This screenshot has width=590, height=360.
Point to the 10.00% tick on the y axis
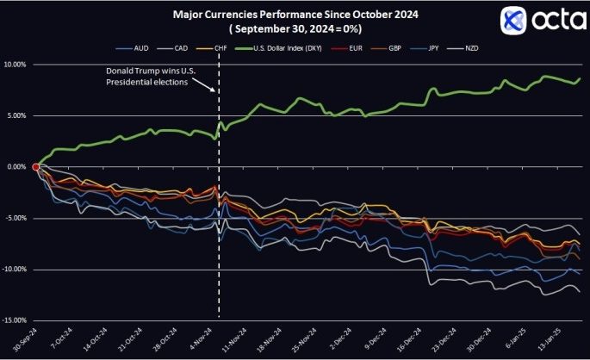pyautogui.click(x=16, y=65)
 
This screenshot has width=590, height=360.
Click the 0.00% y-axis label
pyautogui.click(x=16, y=167)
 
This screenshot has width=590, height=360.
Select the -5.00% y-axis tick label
pyautogui.click(x=16, y=219)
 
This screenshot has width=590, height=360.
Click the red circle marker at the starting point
pyautogui.click(x=35, y=167)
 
